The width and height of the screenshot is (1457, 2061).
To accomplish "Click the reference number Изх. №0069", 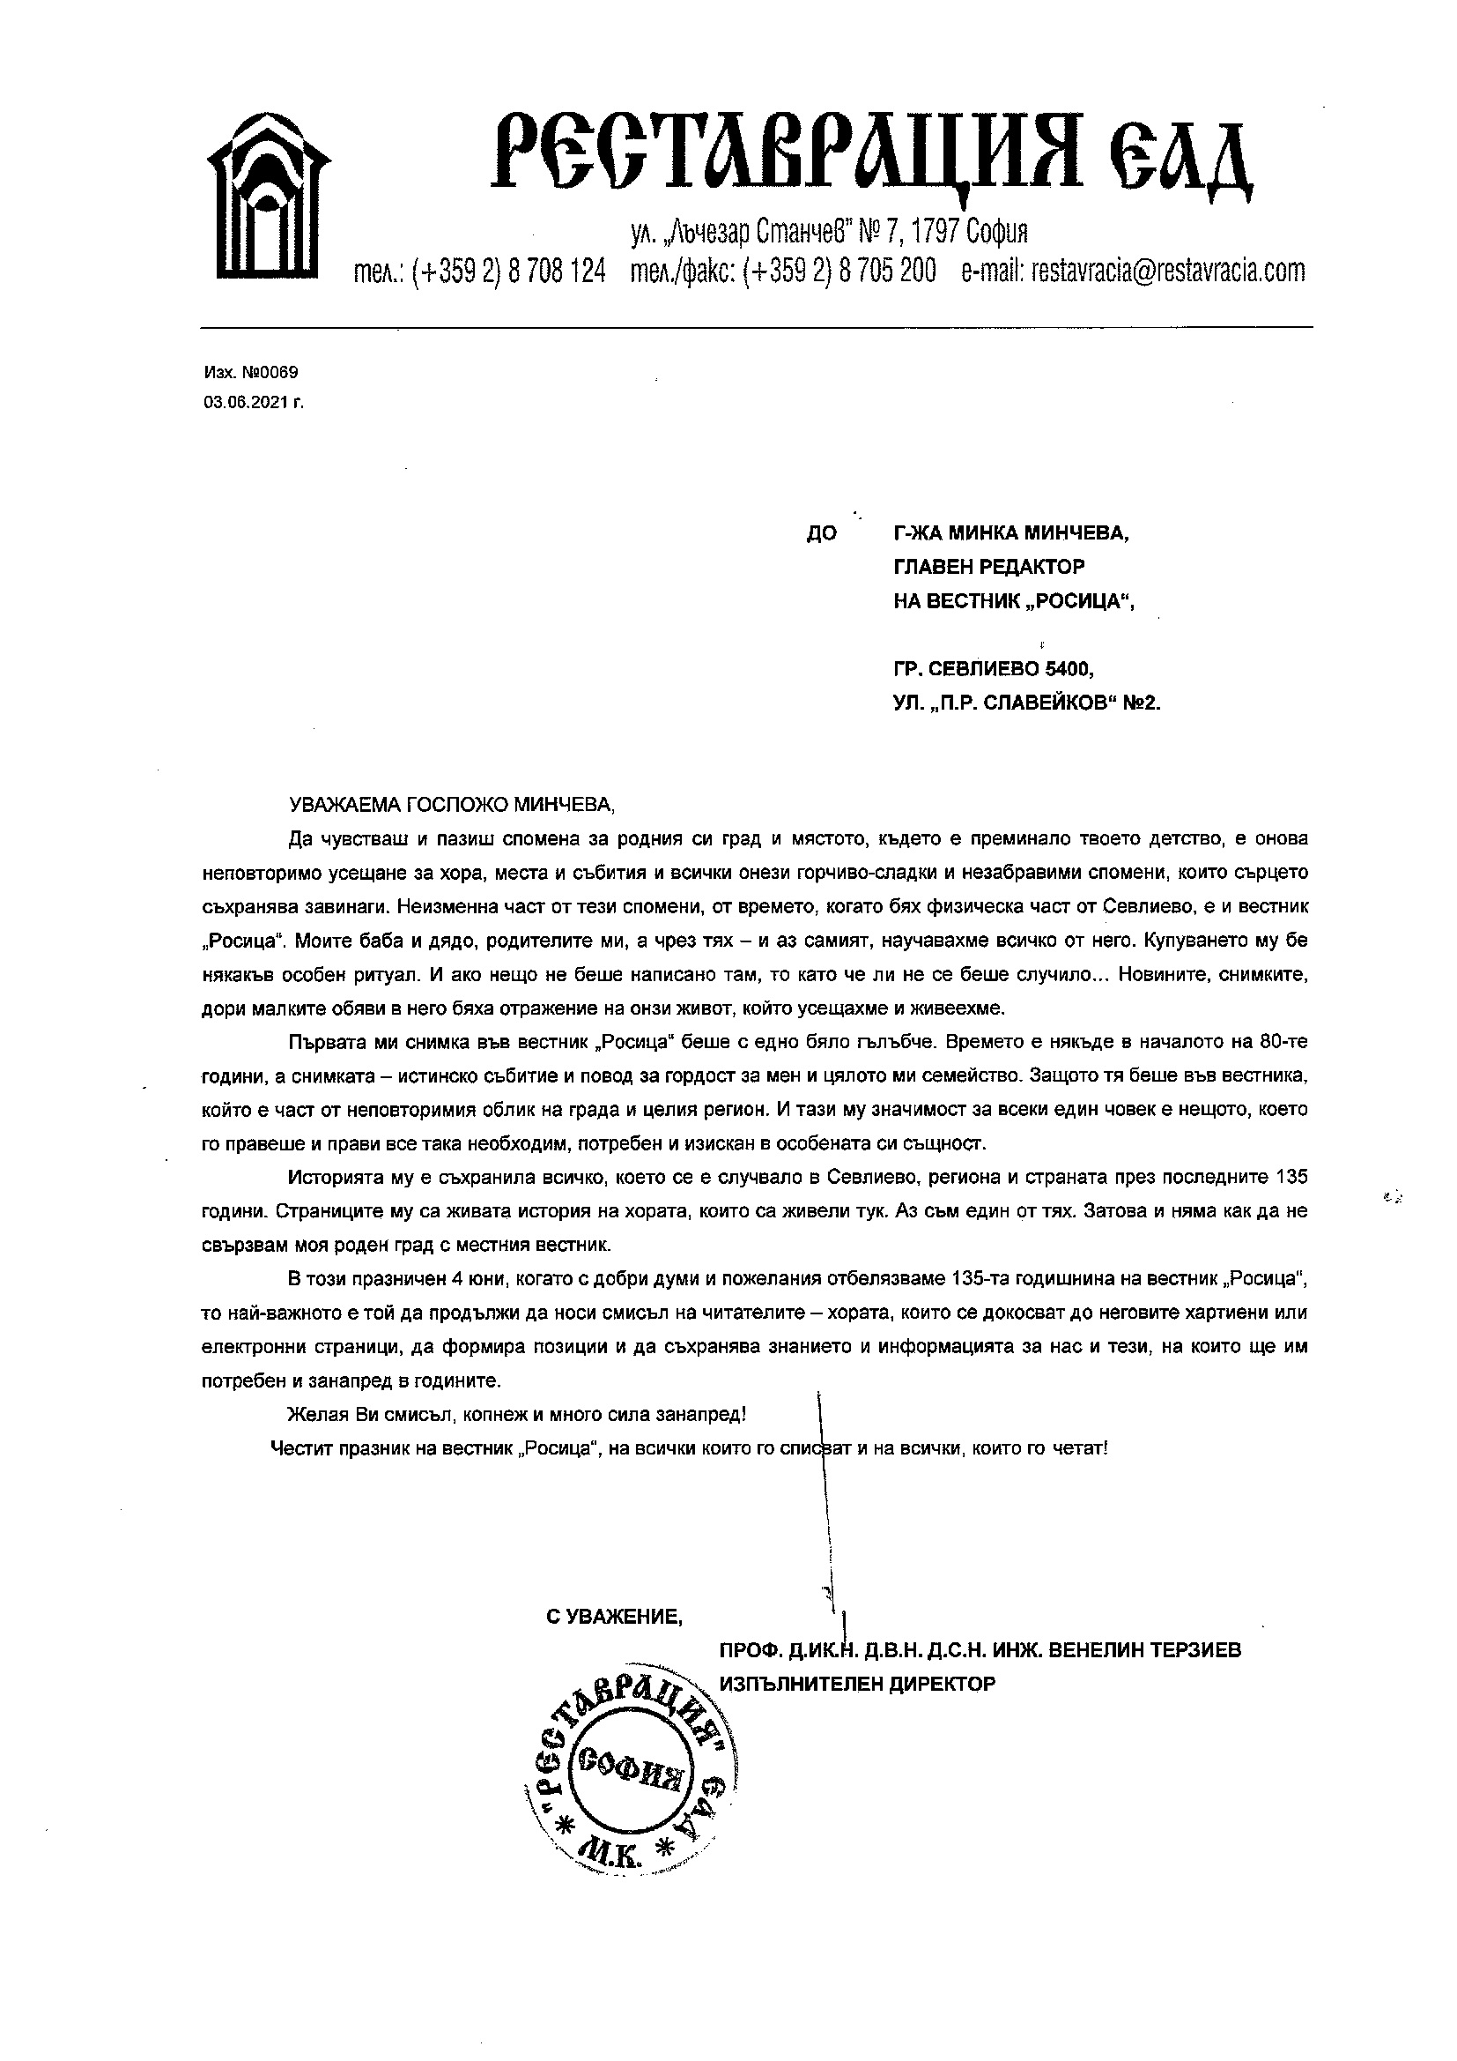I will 250,373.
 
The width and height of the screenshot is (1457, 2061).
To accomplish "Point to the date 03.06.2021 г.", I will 254,404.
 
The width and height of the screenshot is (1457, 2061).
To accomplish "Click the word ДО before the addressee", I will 821,534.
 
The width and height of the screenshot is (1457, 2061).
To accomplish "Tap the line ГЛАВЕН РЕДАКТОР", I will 988,568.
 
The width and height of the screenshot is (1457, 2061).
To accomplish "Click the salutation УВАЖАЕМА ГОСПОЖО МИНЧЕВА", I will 451,805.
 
